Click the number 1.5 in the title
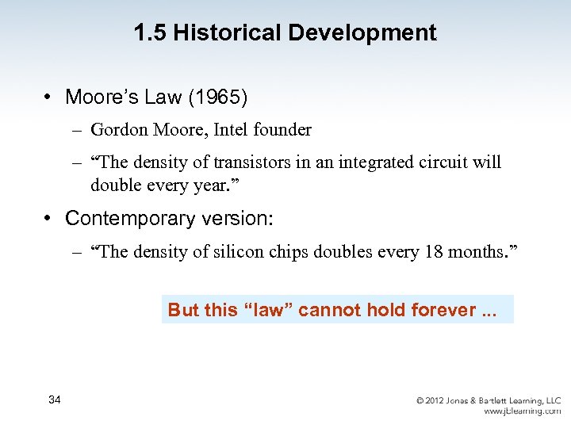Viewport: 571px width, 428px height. coord(151,33)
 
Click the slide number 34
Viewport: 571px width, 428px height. coord(55,399)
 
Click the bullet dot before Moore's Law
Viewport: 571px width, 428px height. coord(48,97)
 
